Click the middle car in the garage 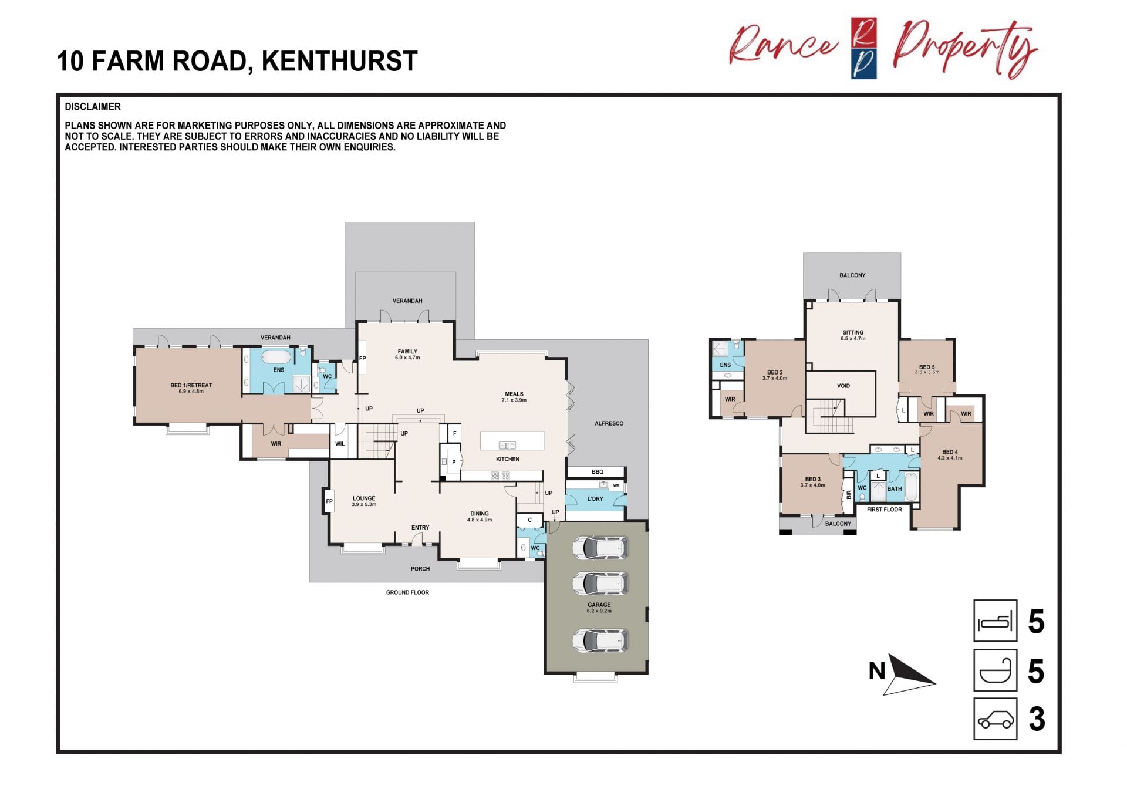(x=600, y=583)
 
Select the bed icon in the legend (x=996, y=621)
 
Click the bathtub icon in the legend (x=996, y=670)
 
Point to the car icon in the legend (x=996, y=719)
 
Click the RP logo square (x=864, y=48)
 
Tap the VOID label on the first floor (x=843, y=386)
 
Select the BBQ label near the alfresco (x=598, y=472)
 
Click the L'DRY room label (x=595, y=499)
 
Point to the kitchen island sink (x=507, y=446)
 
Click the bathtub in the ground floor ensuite (x=276, y=357)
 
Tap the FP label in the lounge (x=329, y=501)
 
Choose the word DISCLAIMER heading (x=93, y=107)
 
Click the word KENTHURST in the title (x=339, y=61)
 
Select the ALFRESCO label (x=609, y=423)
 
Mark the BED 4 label (x=950, y=452)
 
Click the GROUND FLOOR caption (x=407, y=592)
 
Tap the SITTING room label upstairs (x=853, y=332)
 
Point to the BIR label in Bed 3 (x=849, y=495)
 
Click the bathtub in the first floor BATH (x=911, y=487)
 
